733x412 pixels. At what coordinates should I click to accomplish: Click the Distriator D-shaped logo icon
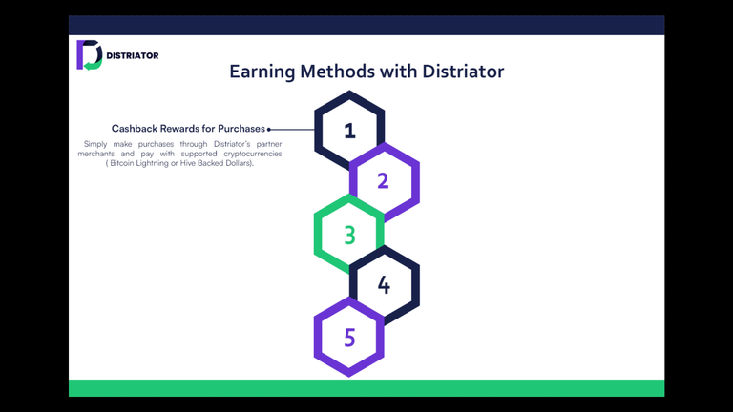[90, 54]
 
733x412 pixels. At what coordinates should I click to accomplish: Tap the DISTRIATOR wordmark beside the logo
[133, 55]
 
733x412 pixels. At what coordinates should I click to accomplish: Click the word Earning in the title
[262, 72]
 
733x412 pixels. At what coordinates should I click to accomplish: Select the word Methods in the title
[337, 72]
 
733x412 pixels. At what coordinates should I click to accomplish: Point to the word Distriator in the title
[463, 72]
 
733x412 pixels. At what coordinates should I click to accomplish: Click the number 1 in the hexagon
[349, 131]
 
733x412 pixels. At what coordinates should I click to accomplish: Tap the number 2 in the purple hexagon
[383, 181]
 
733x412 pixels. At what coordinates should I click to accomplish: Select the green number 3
[349, 235]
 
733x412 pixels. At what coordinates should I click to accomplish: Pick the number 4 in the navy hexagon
[384, 285]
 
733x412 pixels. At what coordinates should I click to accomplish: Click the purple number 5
[349, 338]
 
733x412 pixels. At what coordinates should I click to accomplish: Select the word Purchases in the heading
[241, 129]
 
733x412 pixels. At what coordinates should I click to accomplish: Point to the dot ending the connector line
[269, 130]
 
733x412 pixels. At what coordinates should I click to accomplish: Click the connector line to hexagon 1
[292, 130]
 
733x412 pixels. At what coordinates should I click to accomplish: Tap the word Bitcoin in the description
[121, 163]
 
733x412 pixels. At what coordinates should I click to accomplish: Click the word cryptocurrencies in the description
[252, 154]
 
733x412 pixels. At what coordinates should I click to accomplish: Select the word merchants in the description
[95, 154]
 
